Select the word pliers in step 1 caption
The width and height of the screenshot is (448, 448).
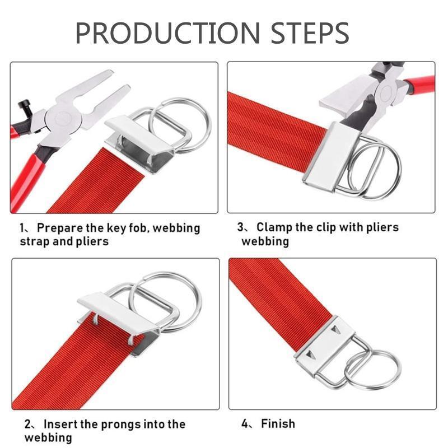[x=92, y=241]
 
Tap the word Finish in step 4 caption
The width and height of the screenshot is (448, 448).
[x=278, y=424]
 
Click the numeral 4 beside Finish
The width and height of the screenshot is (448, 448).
[x=245, y=424]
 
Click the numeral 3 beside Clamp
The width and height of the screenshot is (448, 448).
[x=241, y=227]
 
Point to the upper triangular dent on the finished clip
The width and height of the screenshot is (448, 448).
[x=336, y=330]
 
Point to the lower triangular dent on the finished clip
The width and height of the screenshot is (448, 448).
[x=310, y=355]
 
